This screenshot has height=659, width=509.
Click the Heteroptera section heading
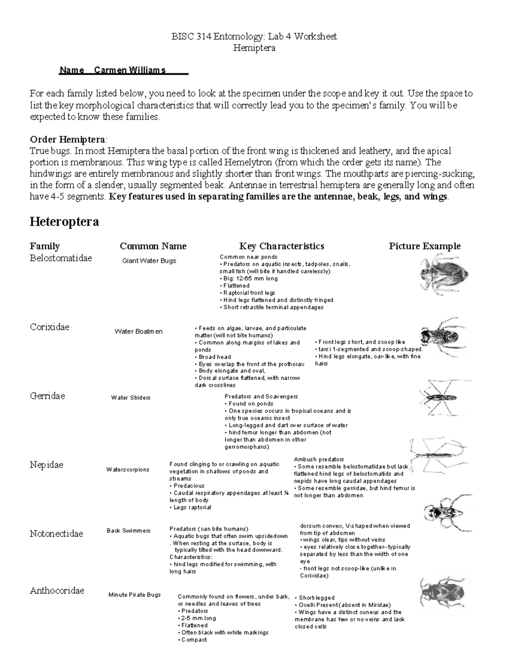(64, 222)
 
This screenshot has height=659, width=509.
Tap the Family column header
(45, 246)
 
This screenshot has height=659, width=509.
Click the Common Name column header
(153, 246)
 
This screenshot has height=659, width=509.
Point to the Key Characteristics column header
(282, 246)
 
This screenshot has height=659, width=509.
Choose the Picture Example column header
(425, 246)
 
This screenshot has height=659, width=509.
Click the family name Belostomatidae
(61, 258)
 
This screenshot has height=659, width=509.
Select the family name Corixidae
(49, 327)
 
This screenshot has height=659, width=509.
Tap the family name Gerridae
(48, 396)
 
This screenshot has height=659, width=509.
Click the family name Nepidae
(46, 465)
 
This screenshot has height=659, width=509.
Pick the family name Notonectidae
(56, 534)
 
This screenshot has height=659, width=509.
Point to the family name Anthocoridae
(57, 591)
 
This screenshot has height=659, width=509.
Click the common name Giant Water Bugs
(149, 261)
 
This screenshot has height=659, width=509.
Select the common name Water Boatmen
(138, 331)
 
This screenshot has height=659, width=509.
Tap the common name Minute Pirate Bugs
(134, 595)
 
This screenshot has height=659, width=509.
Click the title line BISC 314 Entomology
(254, 36)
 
